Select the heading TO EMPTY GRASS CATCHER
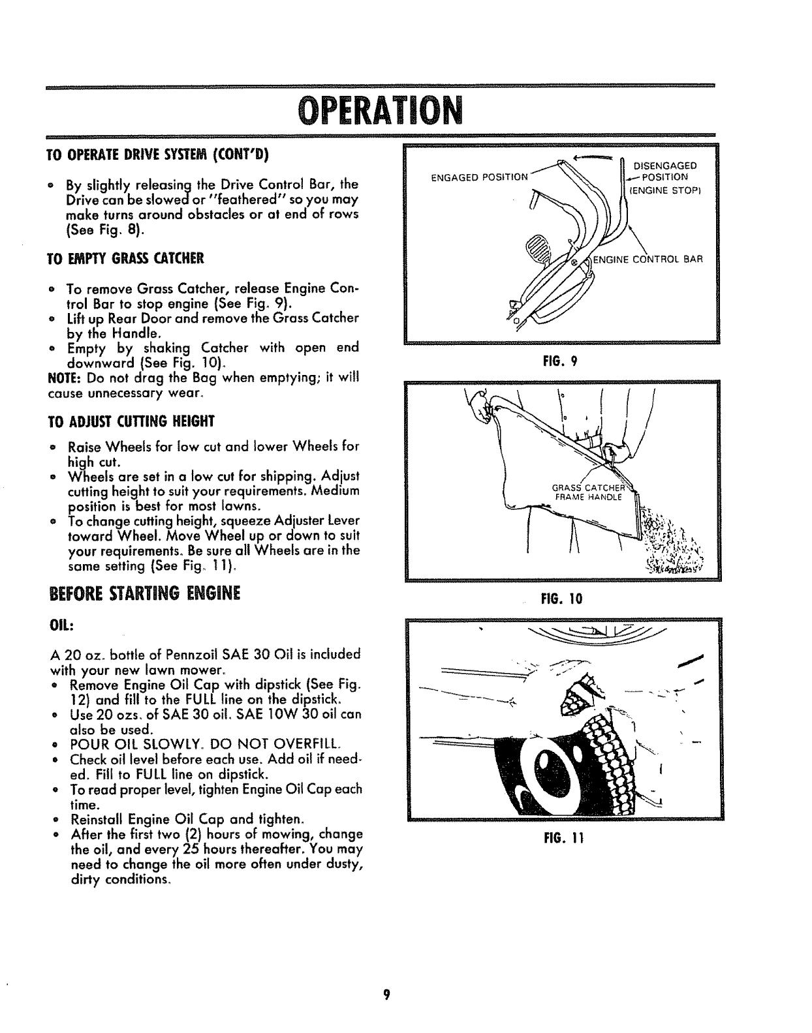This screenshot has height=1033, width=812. (127, 258)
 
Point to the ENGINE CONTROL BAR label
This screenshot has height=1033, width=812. (648, 259)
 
